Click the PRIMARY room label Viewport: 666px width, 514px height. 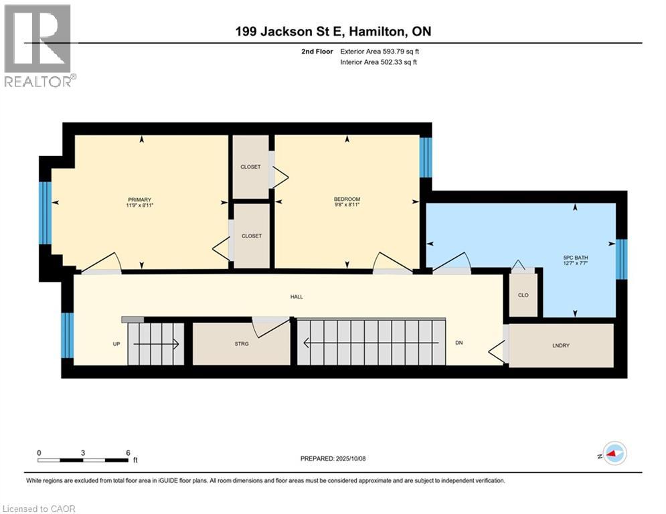pos(140,199)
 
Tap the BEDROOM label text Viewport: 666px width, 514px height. pos(347,199)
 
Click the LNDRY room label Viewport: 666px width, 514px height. pos(561,345)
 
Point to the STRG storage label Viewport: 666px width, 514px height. pos(242,344)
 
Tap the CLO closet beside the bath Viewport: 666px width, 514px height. pos(523,294)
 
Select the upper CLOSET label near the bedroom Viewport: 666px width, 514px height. pos(250,167)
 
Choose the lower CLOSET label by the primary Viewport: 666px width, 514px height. pos(252,236)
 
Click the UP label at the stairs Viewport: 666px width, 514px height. pos(116,343)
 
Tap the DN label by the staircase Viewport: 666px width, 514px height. pos(459,343)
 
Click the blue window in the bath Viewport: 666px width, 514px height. pos(622,258)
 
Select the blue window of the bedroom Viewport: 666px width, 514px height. pos(426,157)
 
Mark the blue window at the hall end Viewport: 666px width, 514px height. pos(66,335)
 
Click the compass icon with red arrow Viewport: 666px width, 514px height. pos(614,453)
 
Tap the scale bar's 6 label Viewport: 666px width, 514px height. pos(127,452)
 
